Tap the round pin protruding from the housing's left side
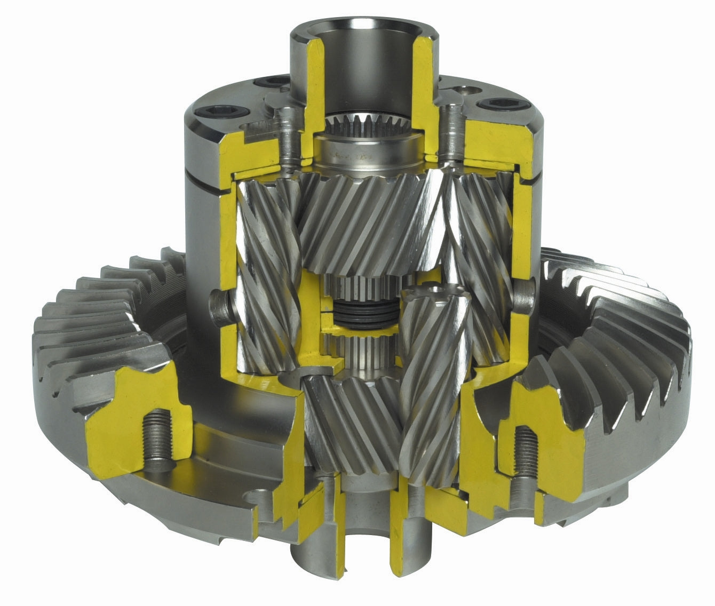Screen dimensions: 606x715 point(219,308)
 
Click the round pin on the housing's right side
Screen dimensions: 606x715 point(523,297)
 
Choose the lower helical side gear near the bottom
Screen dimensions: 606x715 point(352,421)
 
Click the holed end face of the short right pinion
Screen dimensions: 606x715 point(435,296)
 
